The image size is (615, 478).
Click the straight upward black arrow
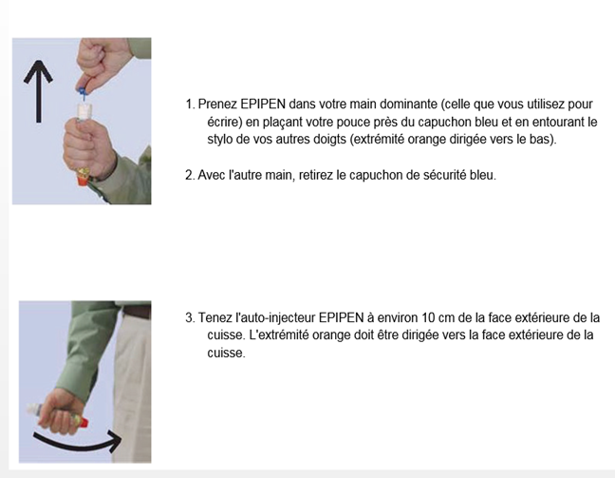(38, 91)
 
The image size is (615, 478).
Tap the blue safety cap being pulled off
(82, 93)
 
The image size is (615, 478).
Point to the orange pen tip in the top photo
(83, 181)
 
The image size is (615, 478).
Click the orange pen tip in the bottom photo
(84, 422)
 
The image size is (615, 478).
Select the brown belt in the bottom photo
(137, 313)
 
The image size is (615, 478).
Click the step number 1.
(190, 105)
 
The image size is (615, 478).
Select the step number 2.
(190, 175)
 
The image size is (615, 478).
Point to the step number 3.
(190, 317)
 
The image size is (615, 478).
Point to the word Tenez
(212, 317)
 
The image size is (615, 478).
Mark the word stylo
(219, 140)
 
